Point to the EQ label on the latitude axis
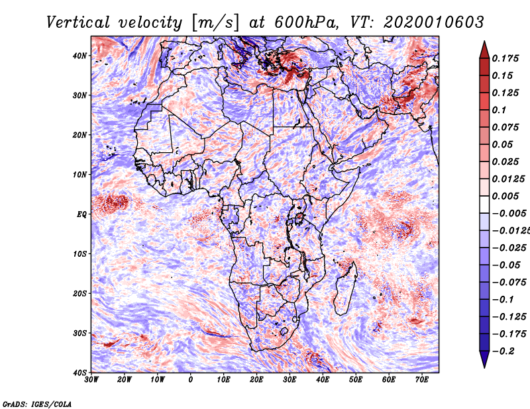(x=81, y=214)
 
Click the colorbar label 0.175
(x=506, y=58)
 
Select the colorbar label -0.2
(x=503, y=351)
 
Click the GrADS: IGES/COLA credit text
(x=36, y=403)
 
